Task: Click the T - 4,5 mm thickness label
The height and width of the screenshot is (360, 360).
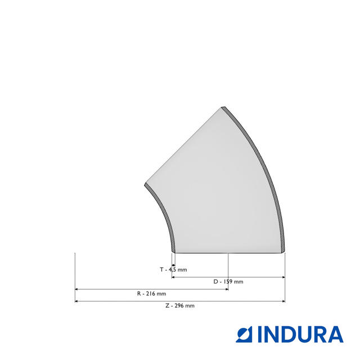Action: tap(173, 269)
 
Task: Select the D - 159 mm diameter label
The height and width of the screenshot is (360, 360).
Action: tap(228, 281)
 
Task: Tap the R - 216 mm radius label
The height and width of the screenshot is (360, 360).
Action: tap(151, 294)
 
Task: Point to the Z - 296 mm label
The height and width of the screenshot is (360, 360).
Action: tap(179, 305)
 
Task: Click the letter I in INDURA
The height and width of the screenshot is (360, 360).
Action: tap(261, 334)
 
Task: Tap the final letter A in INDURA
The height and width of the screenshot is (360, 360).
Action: tap(335, 334)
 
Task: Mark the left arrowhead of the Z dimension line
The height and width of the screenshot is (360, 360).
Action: tap(76, 301)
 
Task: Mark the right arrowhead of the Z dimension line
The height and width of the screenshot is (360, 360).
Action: tap(283, 301)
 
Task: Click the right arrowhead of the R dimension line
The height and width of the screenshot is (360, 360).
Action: tap(226, 289)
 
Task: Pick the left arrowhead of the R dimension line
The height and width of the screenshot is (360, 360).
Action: tap(76, 289)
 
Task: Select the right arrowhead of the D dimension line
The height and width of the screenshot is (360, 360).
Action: tap(283, 277)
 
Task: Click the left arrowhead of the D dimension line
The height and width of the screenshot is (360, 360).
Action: tap(173, 277)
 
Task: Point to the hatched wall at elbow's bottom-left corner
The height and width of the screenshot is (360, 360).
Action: tap(173, 248)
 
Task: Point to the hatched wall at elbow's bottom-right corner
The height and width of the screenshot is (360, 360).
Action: tap(283, 248)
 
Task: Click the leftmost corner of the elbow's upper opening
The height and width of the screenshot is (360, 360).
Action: tap(145, 184)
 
